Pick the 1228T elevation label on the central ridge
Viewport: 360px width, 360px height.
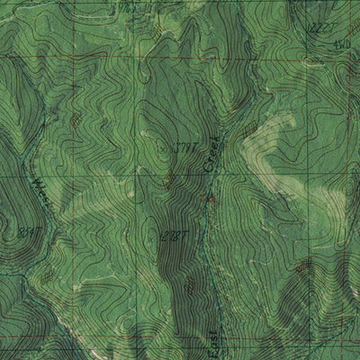coord(172,236)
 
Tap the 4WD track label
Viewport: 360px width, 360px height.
coord(341,43)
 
